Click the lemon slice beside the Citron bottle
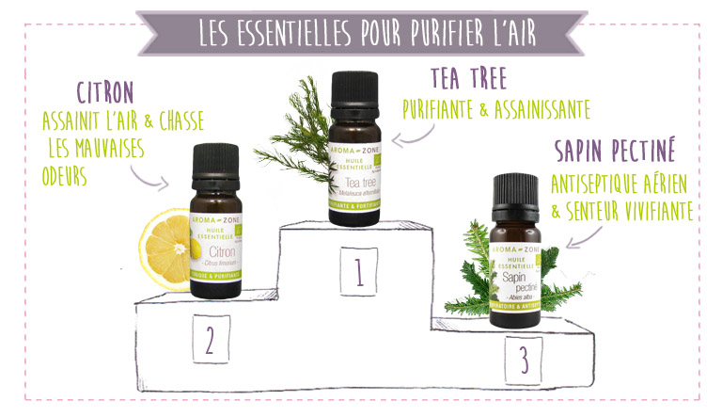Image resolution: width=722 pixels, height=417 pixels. [x=165, y=249]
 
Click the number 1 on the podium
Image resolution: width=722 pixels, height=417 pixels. [x=358, y=271]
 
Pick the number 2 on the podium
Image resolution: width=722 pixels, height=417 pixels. [x=210, y=339]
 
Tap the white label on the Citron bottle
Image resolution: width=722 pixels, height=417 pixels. [x=216, y=249]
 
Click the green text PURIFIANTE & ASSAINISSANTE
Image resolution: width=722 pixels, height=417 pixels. [x=495, y=110]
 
